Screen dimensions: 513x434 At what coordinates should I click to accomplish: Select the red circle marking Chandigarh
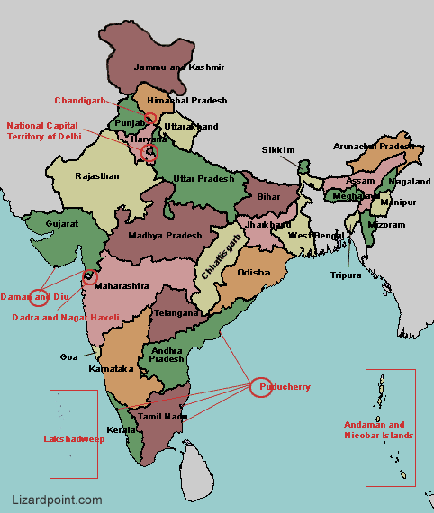coord(150,118)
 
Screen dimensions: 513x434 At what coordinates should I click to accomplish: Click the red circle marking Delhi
coord(149,153)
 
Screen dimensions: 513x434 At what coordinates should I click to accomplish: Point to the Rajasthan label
coord(96,176)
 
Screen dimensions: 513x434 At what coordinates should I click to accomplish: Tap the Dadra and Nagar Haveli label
coord(65,318)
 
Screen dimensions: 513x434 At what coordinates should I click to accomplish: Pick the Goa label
coord(69,357)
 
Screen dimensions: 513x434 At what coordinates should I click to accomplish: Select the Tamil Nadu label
coord(162,417)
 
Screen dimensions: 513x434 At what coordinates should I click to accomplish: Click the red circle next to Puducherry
coord(259,388)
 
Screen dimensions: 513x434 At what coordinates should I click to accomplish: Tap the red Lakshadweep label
coord(74,439)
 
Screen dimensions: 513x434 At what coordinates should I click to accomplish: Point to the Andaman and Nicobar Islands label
coord(378,429)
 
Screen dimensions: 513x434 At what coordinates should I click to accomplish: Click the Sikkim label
coord(277,149)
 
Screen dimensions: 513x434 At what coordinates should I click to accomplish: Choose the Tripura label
coord(345,274)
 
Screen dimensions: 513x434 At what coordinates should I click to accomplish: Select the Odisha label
coord(253,272)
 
